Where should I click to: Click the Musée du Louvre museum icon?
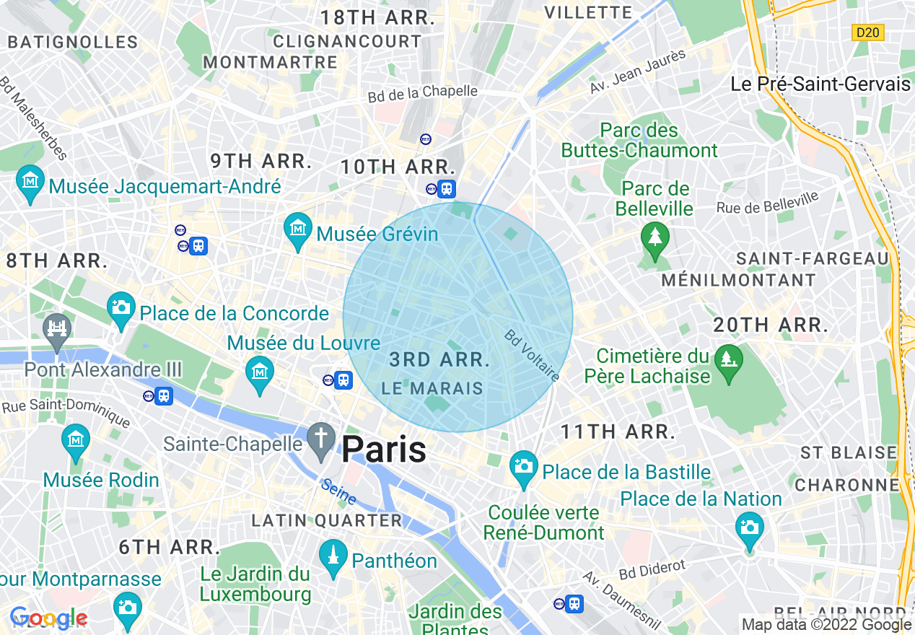coord(259,372)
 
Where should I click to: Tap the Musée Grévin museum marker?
coord(298,229)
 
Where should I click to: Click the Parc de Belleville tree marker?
coord(654,238)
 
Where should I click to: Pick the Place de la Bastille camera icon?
coord(524,467)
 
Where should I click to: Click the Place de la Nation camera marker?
coord(750,528)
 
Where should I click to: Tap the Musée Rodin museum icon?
coord(76,441)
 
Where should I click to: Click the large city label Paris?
coord(383,450)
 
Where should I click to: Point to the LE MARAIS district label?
coord(432,388)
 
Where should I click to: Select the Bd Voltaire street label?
coord(532,356)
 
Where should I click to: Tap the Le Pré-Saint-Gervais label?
coord(820,84)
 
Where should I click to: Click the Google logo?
coord(48,618)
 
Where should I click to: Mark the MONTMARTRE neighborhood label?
coord(270,63)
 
